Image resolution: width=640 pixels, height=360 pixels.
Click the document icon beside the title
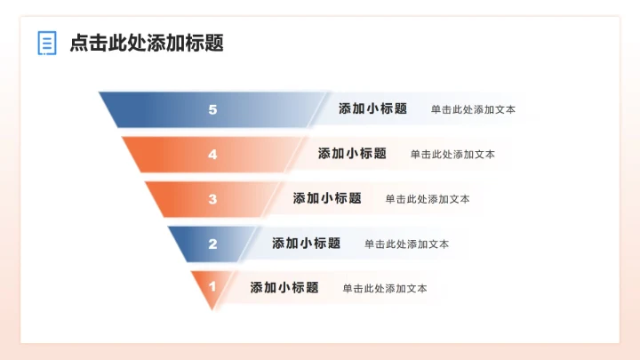pyautogui.click(x=47, y=43)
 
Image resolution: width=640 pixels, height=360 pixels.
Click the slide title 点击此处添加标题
pyautogui.click(x=147, y=43)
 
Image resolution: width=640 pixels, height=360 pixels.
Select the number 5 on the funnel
pyautogui.click(x=212, y=109)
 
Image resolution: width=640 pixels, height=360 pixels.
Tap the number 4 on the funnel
pyautogui.click(x=212, y=154)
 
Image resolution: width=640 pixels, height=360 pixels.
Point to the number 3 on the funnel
pyautogui.click(x=212, y=199)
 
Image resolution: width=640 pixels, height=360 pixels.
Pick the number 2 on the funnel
pyautogui.click(x=212, y=244)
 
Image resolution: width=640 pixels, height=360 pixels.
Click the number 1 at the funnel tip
pyautogui.click(x=212, y=287)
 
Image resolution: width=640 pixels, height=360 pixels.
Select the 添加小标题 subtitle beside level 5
pyautogui.click(x=372, y=109)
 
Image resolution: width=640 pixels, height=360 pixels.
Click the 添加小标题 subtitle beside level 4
pyautogui.click(x=352, y=154)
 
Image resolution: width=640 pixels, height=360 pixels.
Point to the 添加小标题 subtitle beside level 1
pyautogui.click(x=284, y=288)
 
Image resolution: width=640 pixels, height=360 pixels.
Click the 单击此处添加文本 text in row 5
pyautogui.click(x=473, y=110)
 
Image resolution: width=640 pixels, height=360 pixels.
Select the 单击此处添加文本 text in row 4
pyautogui.click(x=452, y=155)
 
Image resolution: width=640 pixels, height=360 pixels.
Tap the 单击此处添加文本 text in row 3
pyautogui.click(x=428, y=199)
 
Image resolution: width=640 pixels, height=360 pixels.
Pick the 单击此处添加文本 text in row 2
pyautogui.click(x=406, y=244)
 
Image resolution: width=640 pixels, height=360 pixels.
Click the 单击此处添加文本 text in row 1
pyautogui.click(x=385, y=288)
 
